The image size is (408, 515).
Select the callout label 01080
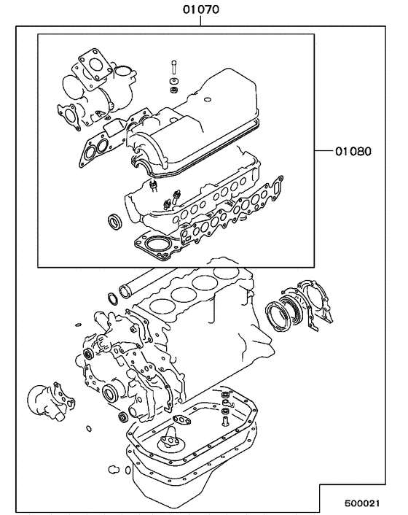pos(353,152)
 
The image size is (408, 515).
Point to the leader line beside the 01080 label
pos(323,152)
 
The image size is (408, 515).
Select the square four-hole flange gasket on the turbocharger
pos(92,61)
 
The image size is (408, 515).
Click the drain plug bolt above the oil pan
pos(226,417)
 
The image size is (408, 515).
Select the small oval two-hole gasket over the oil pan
pos(178,419)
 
